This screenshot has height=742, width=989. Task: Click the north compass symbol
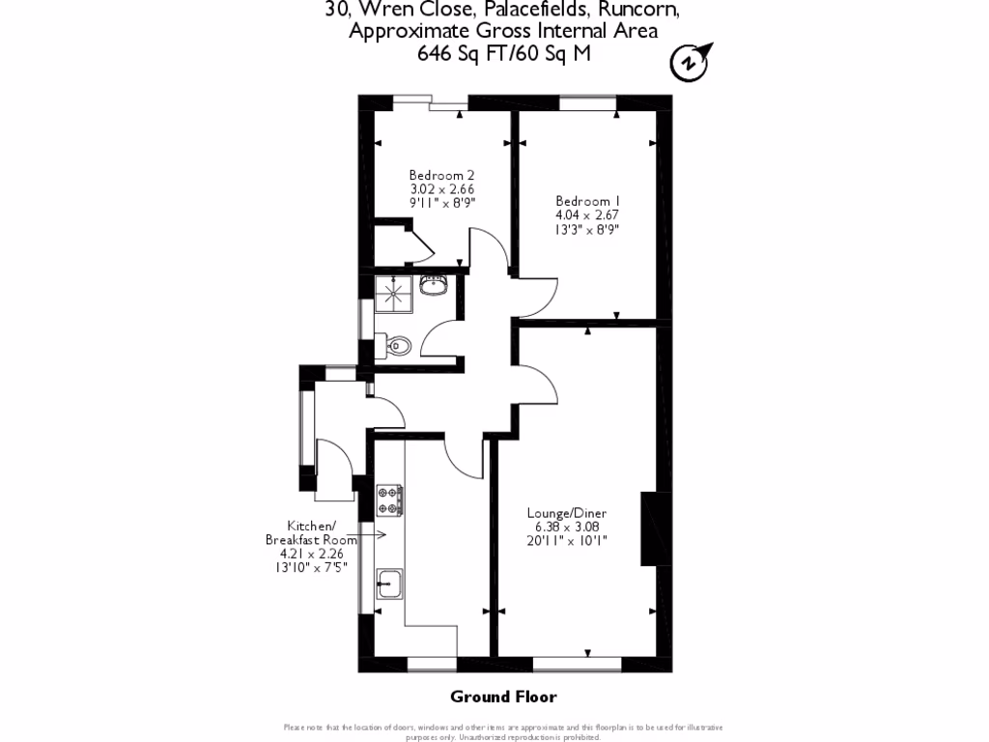(690, 61)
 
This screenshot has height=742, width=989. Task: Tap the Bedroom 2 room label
(441, 175)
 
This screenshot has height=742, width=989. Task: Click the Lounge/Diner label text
(566, 512)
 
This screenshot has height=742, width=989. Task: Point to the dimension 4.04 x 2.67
(586, 215)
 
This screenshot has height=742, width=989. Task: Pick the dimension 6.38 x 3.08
(566, 527)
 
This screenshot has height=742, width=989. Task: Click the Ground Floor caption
(503, 697)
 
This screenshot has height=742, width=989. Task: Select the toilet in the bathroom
(395, 344)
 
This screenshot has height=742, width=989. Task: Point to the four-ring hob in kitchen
(390, 499)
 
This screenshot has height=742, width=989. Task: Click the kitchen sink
(391, 583)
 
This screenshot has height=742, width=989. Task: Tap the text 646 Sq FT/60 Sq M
(503, 54)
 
